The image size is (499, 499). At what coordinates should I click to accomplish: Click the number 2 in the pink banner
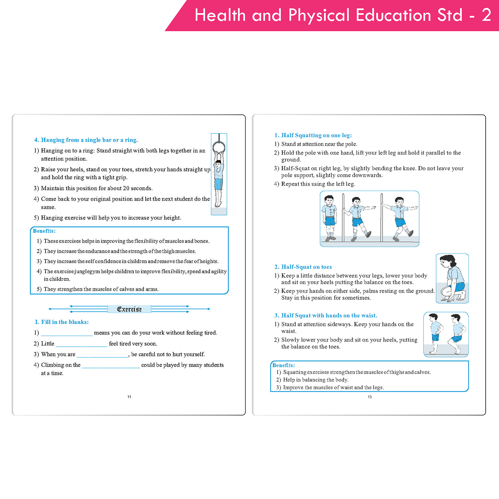(x=486, y=15)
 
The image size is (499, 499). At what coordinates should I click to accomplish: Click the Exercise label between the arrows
(x=129, y=309)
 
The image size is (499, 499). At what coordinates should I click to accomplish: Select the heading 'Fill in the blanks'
(x=62, y=322)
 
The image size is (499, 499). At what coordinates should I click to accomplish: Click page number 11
(x=129, y=397)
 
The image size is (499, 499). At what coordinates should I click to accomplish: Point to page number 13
(x=370, y=397)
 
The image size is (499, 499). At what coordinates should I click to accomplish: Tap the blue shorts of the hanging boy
(x=218, y=184)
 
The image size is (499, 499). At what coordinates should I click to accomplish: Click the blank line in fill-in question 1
(x=67, y=333)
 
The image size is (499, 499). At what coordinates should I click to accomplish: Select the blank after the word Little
(x=82, y=344)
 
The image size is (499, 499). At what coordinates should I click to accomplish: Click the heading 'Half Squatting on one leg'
(x=313, y=135)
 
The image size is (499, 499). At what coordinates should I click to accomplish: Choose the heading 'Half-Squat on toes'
(x=303, y=267)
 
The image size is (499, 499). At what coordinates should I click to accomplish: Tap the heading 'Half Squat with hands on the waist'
(x=326, y=315)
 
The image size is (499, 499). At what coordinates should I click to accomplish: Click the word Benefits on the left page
(x=44, y=231)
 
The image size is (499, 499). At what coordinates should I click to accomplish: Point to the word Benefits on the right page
(x=283, y=365)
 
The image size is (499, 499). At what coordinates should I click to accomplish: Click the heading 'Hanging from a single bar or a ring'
(x=86, y=140)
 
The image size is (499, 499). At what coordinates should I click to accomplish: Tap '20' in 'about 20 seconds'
(x=126, y=188)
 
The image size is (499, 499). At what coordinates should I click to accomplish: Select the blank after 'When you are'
(x=102, y=355)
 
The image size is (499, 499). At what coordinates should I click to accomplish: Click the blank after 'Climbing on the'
(x=111, y=366)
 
